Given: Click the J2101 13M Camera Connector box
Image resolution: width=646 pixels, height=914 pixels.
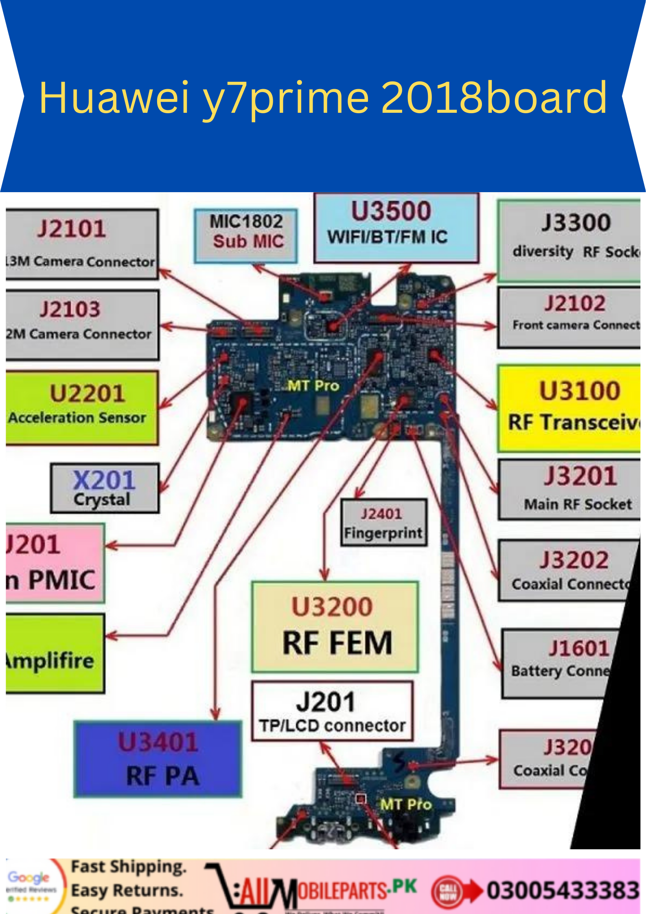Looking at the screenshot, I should pos(81,244).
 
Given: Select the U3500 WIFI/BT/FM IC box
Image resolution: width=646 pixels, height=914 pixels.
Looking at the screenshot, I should pos(396,228).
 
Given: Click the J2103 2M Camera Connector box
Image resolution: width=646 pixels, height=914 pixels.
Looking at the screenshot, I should pos(81,324).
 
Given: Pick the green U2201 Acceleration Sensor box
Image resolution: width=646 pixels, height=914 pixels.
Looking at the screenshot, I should pos(81,407).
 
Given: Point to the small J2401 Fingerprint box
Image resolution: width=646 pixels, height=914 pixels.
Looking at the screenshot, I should pos(383,522).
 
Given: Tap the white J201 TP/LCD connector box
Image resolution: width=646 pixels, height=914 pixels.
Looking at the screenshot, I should pos(332,711).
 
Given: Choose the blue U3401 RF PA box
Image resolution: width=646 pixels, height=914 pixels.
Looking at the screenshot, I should pos(158,758).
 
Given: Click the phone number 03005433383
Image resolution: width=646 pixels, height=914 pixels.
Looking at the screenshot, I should pos(563,890).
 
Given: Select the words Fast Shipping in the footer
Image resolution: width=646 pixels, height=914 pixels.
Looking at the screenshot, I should pos(129,866).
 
